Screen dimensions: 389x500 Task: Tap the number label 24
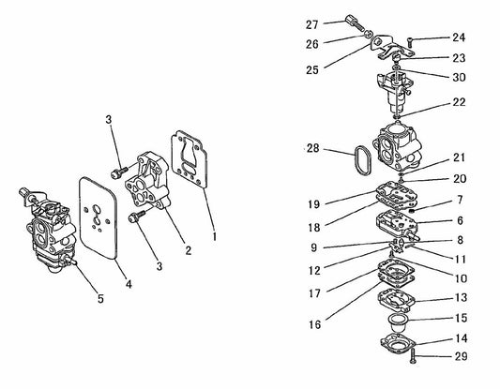(458, 38)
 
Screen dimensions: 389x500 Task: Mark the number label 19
(312, 202)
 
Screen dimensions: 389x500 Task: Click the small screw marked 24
(412, 40)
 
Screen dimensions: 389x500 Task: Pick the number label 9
(312, 247)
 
